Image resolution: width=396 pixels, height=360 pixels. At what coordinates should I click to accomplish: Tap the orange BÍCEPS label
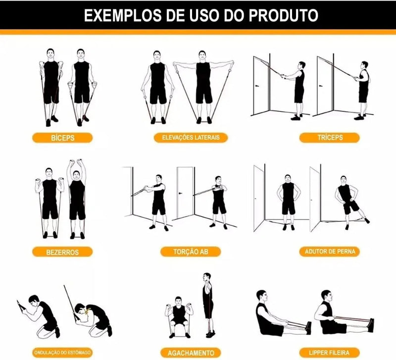62,138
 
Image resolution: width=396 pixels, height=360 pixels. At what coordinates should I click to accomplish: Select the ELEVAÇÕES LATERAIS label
191,137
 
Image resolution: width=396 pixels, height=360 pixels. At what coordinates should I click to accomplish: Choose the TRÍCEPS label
322,138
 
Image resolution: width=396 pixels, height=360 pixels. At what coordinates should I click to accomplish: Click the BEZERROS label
62,252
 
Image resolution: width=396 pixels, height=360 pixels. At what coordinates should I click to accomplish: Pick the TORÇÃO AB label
191,252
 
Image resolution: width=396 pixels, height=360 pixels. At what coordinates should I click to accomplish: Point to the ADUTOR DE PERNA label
329,252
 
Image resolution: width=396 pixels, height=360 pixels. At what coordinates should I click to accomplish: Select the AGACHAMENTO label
191,353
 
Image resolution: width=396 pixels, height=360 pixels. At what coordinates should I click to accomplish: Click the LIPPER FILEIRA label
329,353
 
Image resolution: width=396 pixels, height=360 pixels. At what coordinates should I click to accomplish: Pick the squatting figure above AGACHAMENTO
178,317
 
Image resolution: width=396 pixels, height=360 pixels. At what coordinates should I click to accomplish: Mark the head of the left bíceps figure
50,53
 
